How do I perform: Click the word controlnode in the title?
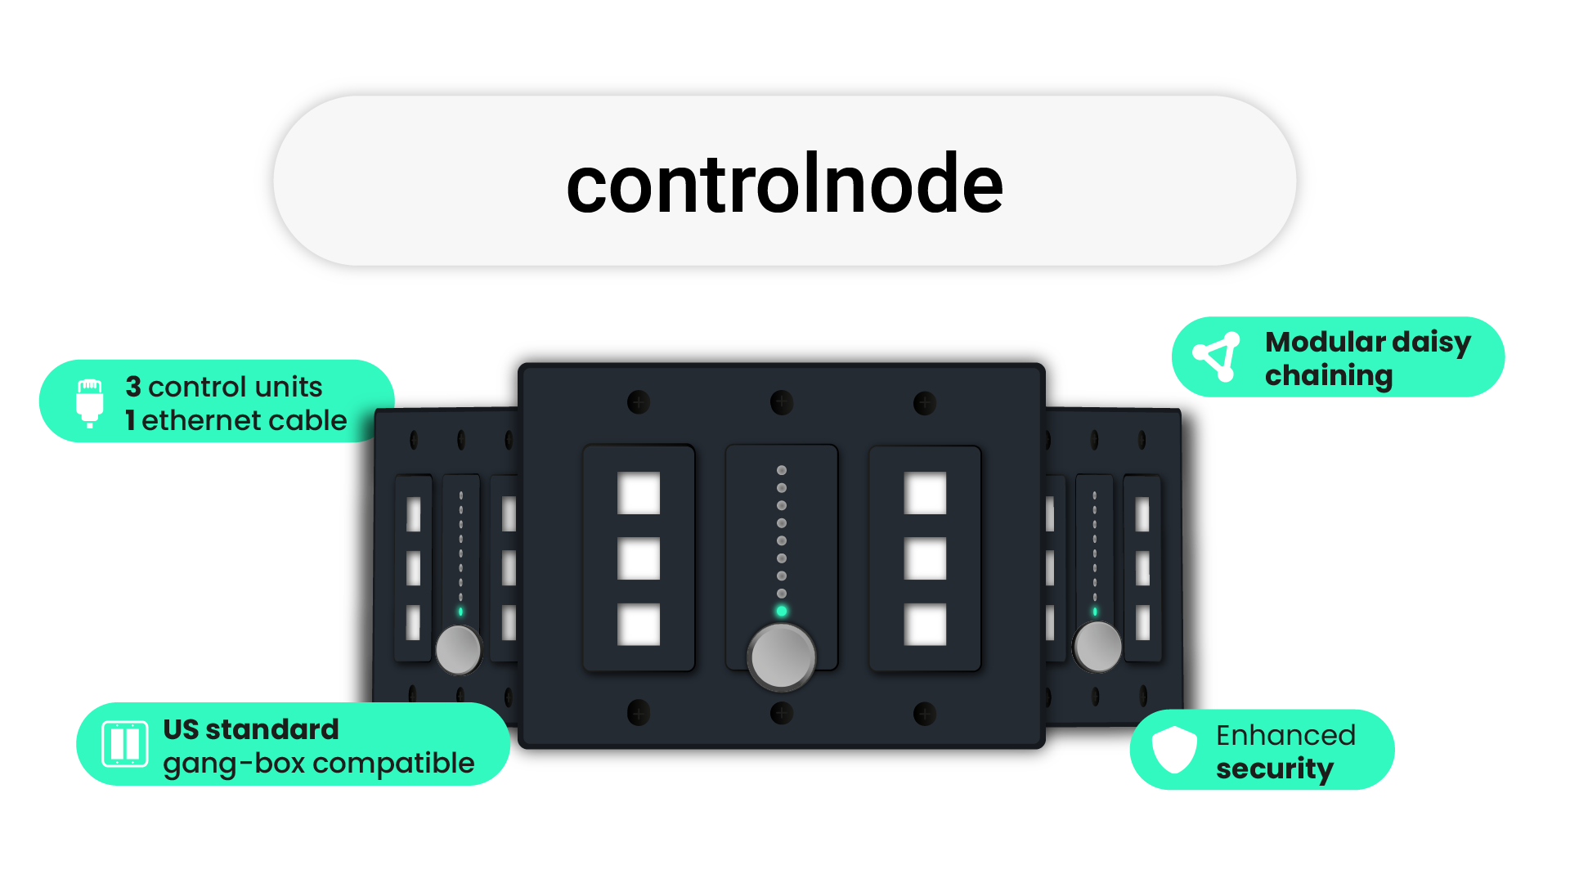784,184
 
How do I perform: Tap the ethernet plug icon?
90,402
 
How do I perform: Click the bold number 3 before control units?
133,387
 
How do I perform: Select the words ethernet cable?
244,420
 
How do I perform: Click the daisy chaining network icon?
1217,356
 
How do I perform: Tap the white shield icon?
1174,749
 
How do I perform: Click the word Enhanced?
1285,735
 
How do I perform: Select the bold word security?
1274,769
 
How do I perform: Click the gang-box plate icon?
125,744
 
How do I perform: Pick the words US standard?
251,728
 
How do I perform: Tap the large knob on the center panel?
782,657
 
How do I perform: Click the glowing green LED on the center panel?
782,612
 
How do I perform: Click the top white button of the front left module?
639,493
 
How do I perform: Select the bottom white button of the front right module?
925,625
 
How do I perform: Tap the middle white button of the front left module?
639,558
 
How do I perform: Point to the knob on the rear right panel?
1097,647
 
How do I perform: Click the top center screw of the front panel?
782,402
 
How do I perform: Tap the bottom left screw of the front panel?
639,713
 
